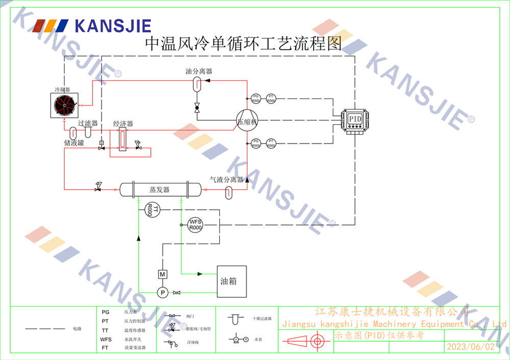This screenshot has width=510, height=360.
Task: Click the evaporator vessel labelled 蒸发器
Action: coord(160,190)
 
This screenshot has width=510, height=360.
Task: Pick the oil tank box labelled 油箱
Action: coord(232,281)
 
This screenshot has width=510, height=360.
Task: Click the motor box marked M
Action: coord(162,274)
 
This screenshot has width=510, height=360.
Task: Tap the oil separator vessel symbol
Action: coord(197,85)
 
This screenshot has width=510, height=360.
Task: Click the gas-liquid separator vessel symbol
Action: coord(229,192)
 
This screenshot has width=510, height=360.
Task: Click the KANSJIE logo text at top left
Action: coord(113,25)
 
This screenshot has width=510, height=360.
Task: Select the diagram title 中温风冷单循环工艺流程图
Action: coord(243,44)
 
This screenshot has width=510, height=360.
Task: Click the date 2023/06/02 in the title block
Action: coord(470,347)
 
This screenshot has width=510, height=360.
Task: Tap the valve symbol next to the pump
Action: coord(177,293)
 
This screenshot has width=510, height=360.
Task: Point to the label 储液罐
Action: coord(74,143)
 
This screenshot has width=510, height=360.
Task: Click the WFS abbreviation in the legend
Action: coord(106,339)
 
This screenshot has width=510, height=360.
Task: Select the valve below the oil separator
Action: coord(197,108)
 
